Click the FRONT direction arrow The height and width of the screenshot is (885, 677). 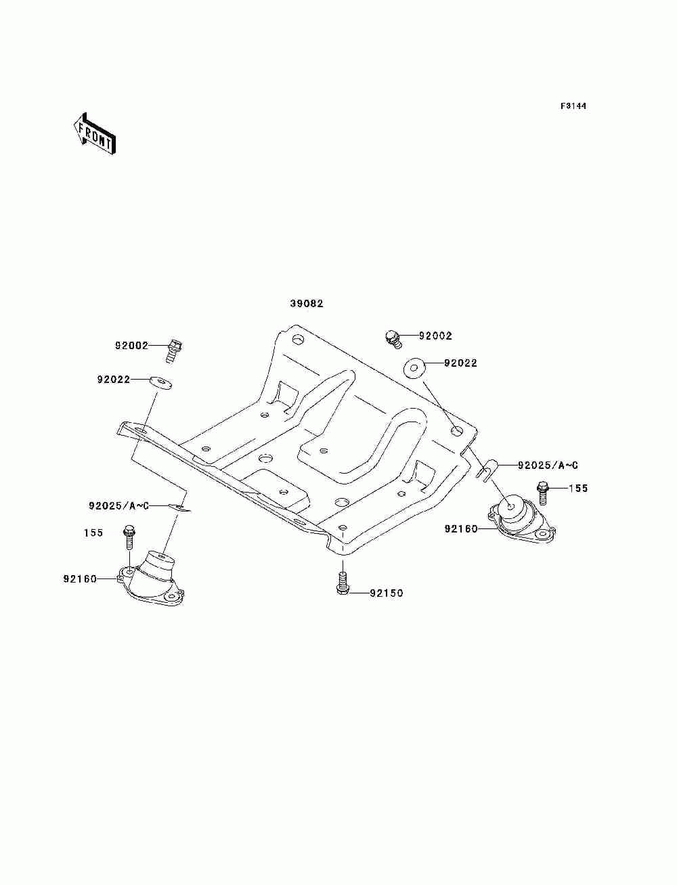pyautogui.click(x=94, y=135)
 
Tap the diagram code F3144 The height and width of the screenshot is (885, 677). pyautogui.click(x=573, y=106)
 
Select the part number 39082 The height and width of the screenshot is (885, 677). pyautogui.click(x=307, y=304)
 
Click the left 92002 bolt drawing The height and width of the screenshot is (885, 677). pyautogui.click(x=175, y=350)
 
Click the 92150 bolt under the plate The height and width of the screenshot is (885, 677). pyautogui.click(x=342, y=583)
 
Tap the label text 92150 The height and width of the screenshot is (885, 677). pyautogui.click(x=386, y=593)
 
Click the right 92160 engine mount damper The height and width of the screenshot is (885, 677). pyautogui.click(x=519, y=520)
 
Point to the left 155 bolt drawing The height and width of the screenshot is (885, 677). pyautogui.click(x=129, y=537)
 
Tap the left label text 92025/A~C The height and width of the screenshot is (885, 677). pyautogui.click(x=119, y=505)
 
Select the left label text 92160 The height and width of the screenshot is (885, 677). pyautogui.click(x=80, y=579)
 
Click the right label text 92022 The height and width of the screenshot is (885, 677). pyautogui.click(x=460, y=363)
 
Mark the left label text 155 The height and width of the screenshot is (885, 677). pyautogui.click(x=93, y=533)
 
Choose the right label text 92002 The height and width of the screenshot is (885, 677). pyautogui.click(x=435, y=336)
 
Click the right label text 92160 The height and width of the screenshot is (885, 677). pyautogui.click(x=461, y=529)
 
